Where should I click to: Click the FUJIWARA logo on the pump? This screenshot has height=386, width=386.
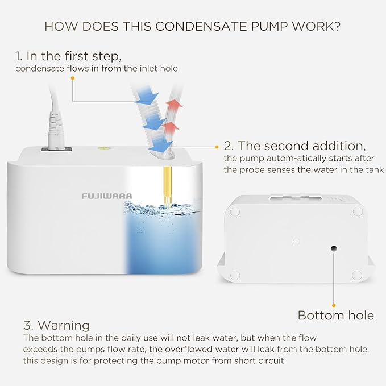pos(106,196)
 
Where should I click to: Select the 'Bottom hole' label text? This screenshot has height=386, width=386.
pos(336,315)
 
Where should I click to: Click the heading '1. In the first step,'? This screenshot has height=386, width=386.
pos(69,56)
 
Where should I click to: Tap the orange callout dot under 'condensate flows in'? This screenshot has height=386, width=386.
pos(73,78)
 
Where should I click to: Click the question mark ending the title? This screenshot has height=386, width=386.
pos(339,26)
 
